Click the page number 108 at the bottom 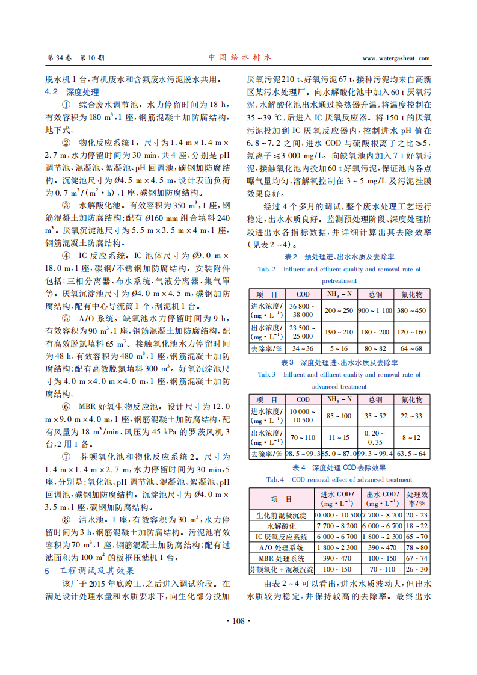(x=238, y=621)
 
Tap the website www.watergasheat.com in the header (x=396, y=58)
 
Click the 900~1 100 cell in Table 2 (x=375, y=310)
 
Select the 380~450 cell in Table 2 (x=411, y=310)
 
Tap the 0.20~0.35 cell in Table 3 (x=375, y=437)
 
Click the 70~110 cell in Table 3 (x=303, y=437)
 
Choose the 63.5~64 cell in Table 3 (x=411, y=454)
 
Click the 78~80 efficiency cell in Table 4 (x=417, y=547)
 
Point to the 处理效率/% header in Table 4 (x=417, y=499)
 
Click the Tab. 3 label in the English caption (x=266, y=374)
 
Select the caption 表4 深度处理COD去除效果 (x=339, y=468)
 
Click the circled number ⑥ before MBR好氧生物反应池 (x=66, y=407)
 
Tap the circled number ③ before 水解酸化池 (x=66, y=206)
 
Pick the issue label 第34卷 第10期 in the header (x=76, y=58)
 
